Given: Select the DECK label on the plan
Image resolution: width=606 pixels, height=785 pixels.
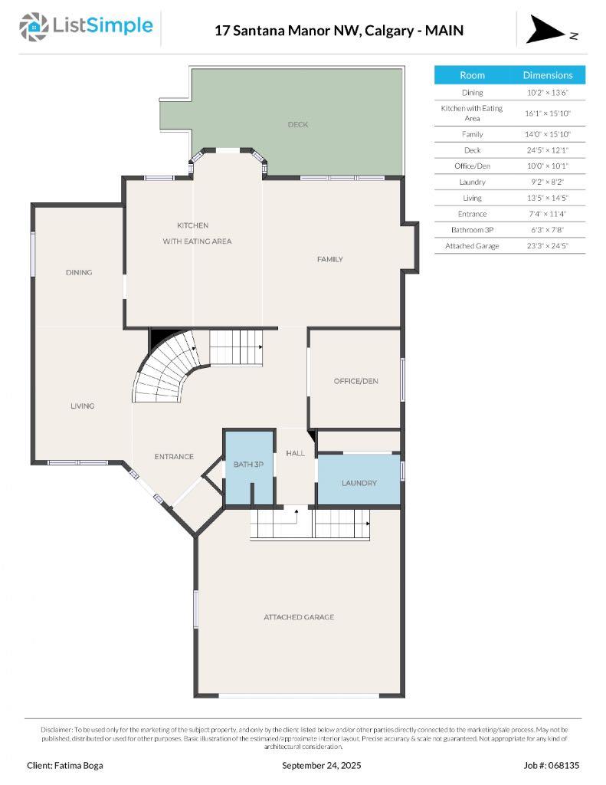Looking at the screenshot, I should (298, 124).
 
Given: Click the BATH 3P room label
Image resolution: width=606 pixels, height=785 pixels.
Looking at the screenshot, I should (248, 465).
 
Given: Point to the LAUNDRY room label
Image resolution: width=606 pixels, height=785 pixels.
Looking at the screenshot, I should (359, 483).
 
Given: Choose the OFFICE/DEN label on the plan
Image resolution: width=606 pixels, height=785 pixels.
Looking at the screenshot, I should (355, 381).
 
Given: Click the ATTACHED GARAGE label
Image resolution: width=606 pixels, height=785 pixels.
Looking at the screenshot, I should (299, 617).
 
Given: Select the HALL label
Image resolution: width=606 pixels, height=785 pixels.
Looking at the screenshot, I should (295, 453).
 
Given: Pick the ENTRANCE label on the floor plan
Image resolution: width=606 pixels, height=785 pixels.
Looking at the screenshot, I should (174, 456).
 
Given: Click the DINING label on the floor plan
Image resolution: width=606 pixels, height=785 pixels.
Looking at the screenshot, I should (78, 272).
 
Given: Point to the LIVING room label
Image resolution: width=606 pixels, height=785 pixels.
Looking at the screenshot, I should (82, 406).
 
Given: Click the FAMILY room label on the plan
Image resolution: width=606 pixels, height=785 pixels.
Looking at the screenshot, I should (330, 259).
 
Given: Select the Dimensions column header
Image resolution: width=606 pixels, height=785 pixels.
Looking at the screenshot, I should (547, 75).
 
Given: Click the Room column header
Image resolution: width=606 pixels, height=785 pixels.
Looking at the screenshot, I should (472, 75).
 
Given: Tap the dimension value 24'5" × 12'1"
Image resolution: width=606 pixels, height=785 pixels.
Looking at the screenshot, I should (547, 150).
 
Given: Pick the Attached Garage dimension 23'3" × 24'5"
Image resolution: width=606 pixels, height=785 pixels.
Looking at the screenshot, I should (547, 246).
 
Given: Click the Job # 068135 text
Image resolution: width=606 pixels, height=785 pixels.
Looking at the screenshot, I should (551, 765).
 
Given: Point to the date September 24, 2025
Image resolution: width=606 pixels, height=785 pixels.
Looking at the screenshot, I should (322, 765).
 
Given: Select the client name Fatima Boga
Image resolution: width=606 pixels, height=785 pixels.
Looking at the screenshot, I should (64, 765).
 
